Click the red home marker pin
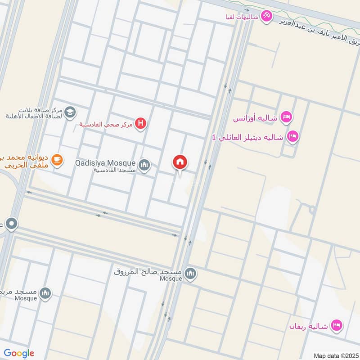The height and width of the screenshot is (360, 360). click(x=180, y=162)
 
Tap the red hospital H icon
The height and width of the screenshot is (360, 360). click(x=141, y=123)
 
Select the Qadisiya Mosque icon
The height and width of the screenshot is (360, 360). click(x=144, y=166)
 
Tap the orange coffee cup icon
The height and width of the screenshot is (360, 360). click(x=57, y=159)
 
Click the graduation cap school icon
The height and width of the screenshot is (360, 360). click(x=70, y=112)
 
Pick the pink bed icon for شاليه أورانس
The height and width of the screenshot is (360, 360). click(x=285, y=118)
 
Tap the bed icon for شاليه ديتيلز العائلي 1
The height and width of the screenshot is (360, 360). click(x=293, y=136)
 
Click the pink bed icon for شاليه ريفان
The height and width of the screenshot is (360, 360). click(x=336, y=324)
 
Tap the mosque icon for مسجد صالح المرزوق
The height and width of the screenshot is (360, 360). click(x=191, y=274)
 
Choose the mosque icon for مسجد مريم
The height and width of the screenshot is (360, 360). click(x=45, y=293)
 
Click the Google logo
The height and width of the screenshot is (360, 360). click(x=19, y=353)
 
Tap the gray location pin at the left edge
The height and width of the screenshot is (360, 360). click(x=11, y=223)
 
